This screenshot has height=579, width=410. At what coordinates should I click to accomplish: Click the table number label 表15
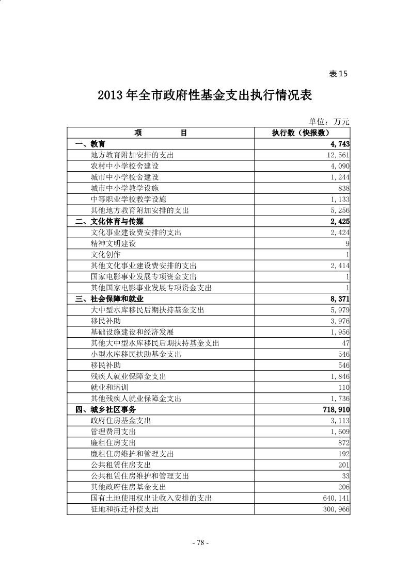click(338, 74)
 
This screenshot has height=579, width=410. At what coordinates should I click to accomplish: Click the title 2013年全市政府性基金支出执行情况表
click(205, 96)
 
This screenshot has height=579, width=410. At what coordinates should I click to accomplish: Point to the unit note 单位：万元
click(329, 122)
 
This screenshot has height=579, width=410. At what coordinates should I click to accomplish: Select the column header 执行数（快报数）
click(302, 133)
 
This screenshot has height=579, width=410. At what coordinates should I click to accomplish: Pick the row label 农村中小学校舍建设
click(124, 166)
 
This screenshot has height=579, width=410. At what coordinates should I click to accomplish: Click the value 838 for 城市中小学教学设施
click(343, 188)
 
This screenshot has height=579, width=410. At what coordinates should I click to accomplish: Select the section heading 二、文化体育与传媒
click(109, 222)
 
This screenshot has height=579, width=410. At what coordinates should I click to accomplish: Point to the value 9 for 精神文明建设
click(348, 243)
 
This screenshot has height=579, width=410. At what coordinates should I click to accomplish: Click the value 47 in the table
click(345, 343)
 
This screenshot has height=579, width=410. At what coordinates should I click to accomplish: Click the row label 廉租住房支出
click(113, 443)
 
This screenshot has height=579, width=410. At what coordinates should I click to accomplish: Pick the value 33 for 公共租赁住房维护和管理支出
click(345, 476)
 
